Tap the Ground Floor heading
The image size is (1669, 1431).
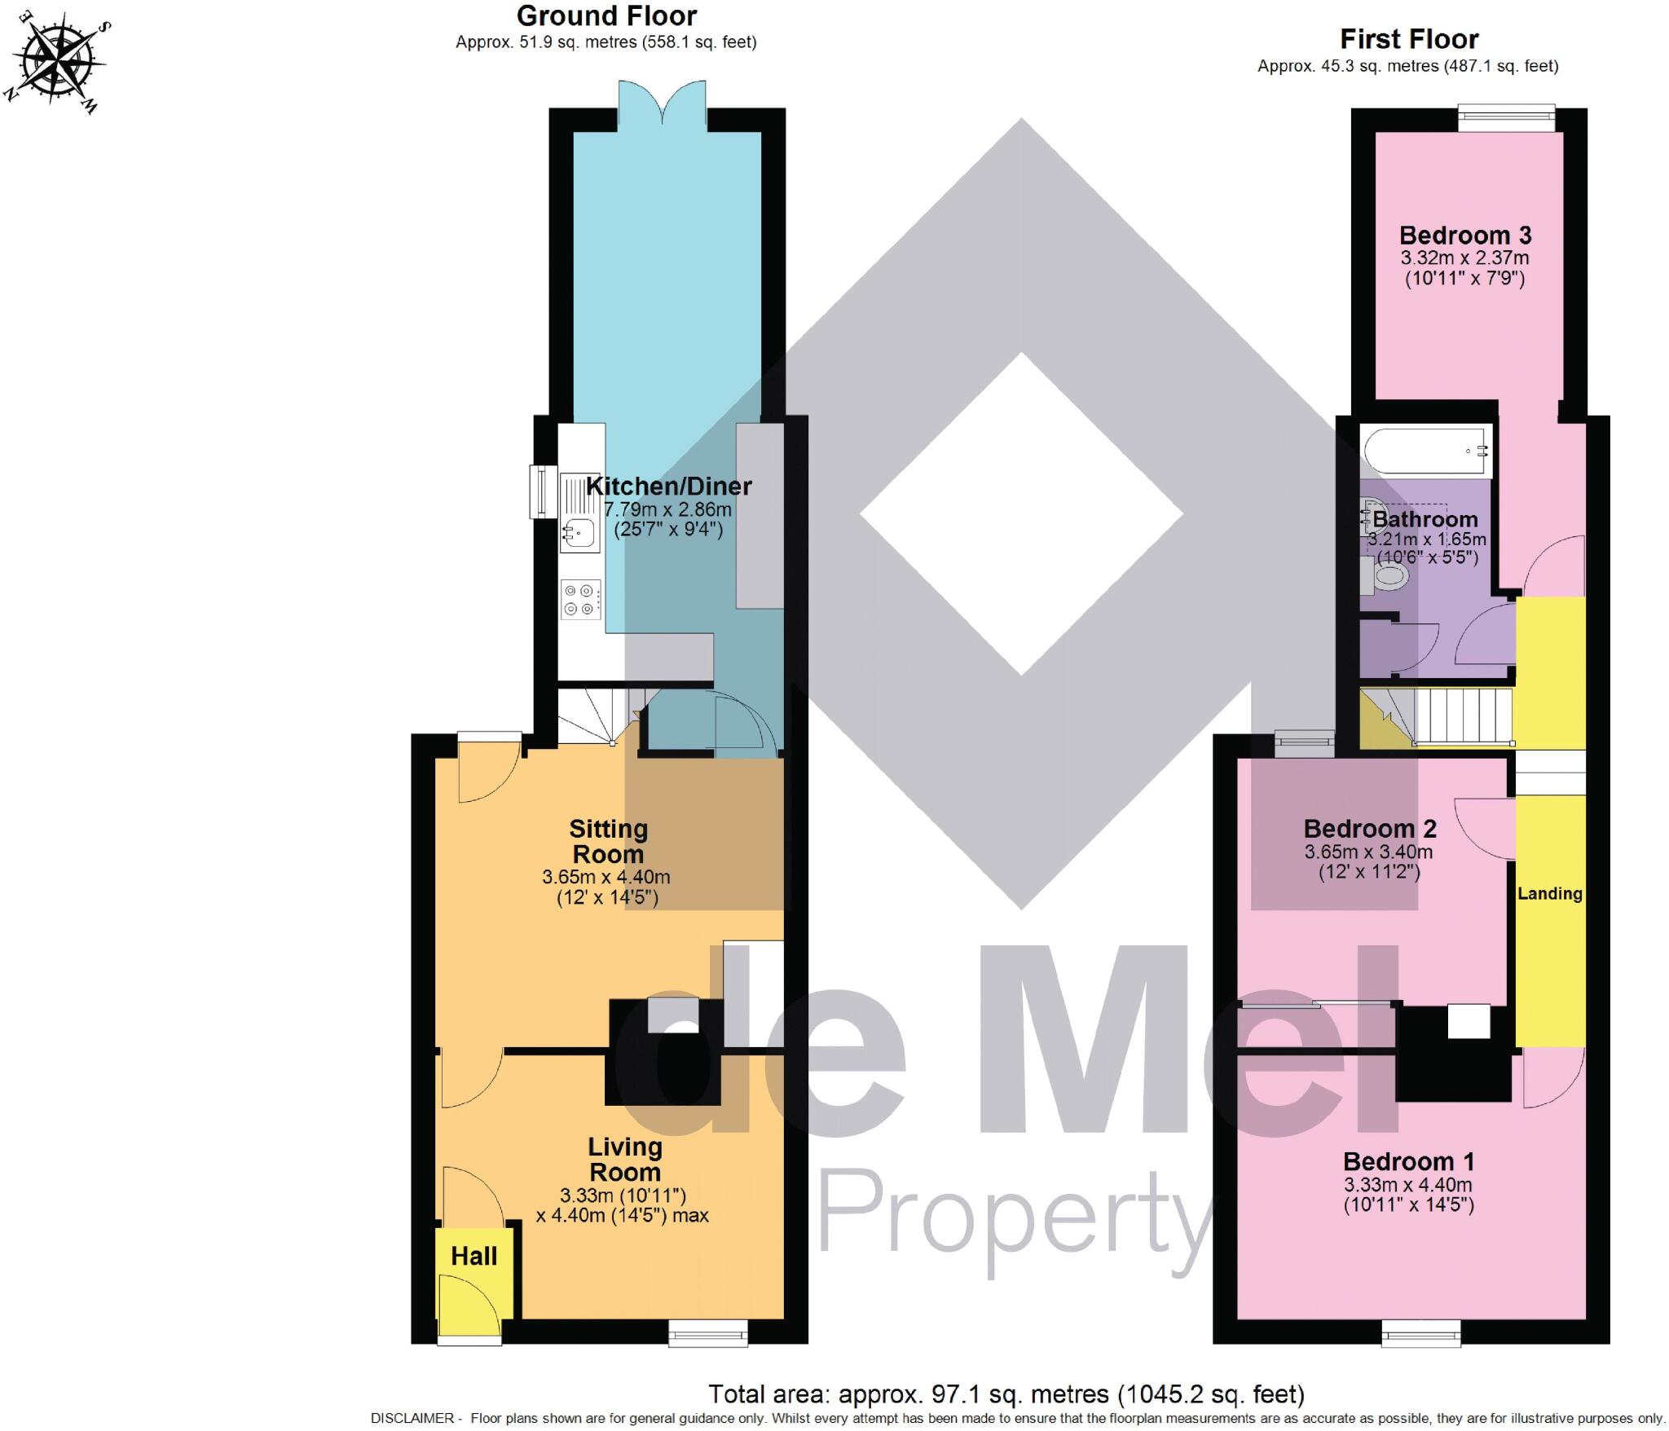pyautogui.click(x=606, y=16)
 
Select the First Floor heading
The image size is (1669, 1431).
pyautogui.click(x=1409, y=39)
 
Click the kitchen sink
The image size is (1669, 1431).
pyautogui.click(x=579, y=534)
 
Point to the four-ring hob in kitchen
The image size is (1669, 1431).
pyautogui.click(x=580, y=600)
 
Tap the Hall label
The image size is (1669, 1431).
pyautogui.click(x=474, y=1256)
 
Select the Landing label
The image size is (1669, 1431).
pyautogui.click(x=1549, y=893)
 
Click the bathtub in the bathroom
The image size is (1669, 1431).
pyautogui.click(x=1426, y=451)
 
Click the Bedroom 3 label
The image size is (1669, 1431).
pyautogui.click(x=1464, y=236)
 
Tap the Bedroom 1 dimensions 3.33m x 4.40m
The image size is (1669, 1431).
pyautogui.click(x=1407, y=1185)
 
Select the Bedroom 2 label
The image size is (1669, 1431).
pyautogui.click(x=1369, y=829)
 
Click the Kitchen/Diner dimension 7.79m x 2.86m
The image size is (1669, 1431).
pyautogui.click(x=667, y=510)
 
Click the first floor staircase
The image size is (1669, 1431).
pyautogui.click(x=1459, y=716)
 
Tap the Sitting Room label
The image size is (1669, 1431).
pyautogui.click(x=608, y=841)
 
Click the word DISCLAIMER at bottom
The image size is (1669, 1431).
pyautogui.click(x=412, y=1419)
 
